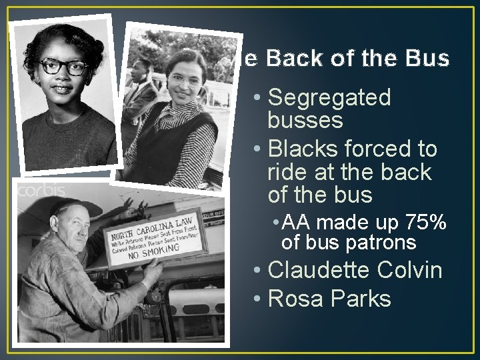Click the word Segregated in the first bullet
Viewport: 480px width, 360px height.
click(x=329, y=99)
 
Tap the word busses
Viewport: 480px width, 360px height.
click(x=305, y=121)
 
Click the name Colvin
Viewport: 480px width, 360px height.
click(x=409, y=271)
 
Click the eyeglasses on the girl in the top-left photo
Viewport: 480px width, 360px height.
click(x=63, y=67)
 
